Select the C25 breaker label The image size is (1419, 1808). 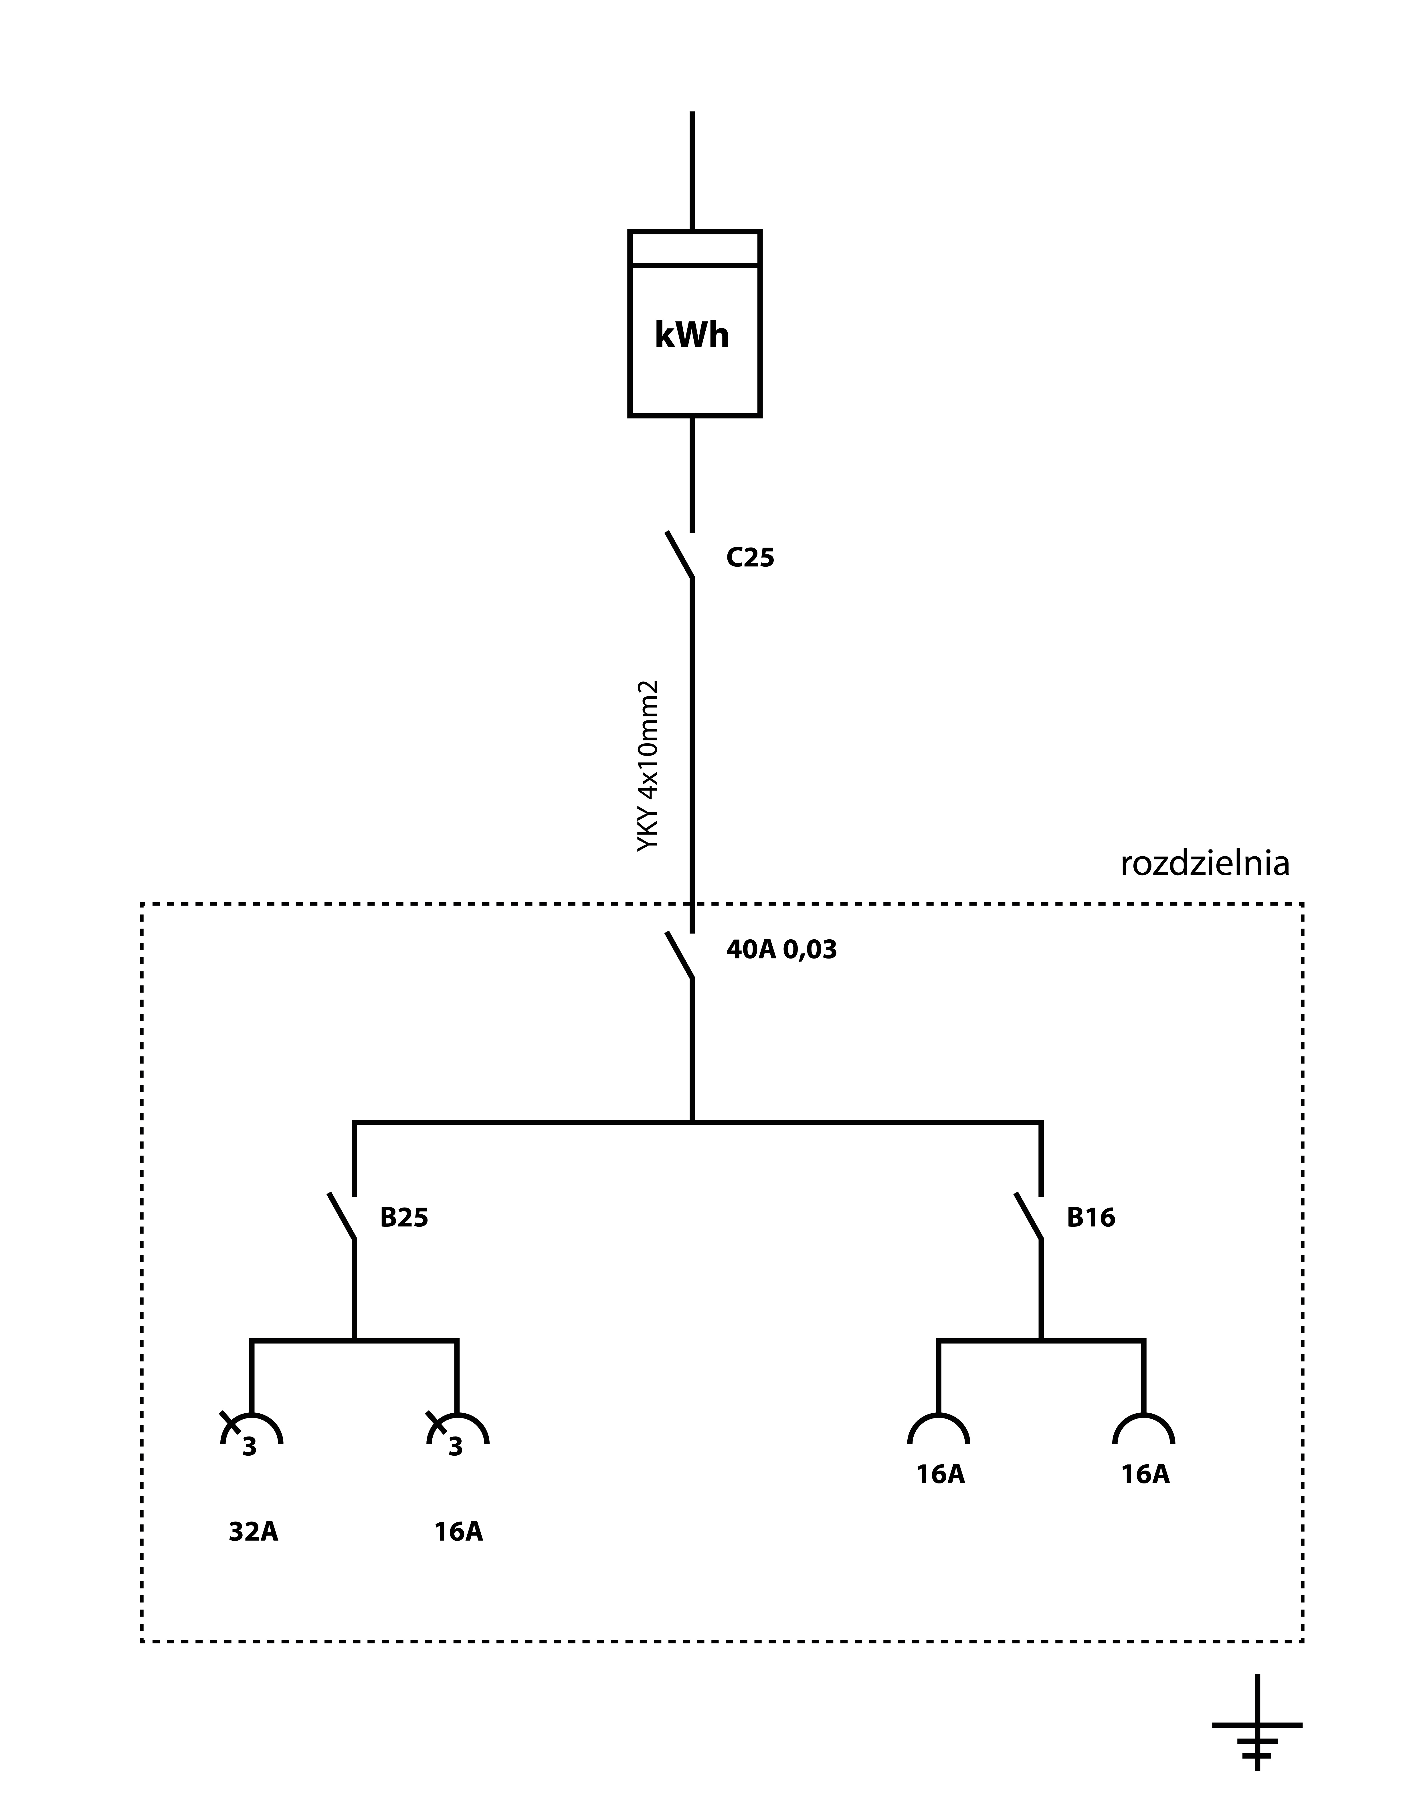(x=750, y=558)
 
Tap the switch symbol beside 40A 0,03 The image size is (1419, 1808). (x=680, y=955)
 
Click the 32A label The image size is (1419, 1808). (x=254, y=1531)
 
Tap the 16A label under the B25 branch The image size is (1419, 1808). (x=459, y=1531)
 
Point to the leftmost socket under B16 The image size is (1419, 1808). (x=939, y=1415)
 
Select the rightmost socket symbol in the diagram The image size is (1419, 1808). (x=1144, y=1415)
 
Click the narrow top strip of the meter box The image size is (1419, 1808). (x=694, y=248)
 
